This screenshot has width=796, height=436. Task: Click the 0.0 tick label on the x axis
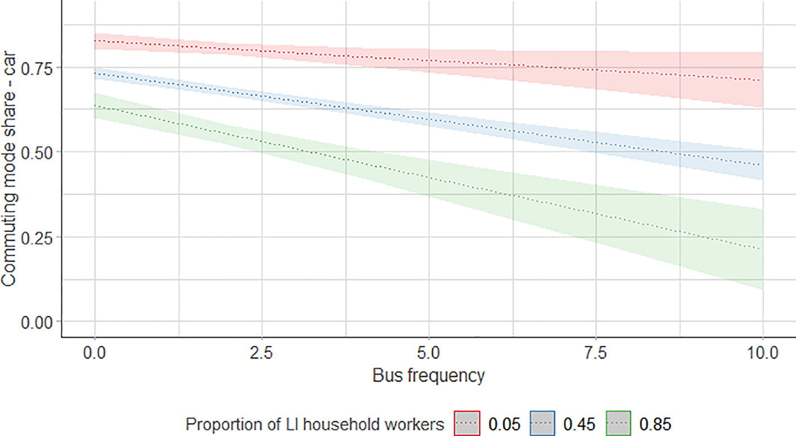(x=94, y=353)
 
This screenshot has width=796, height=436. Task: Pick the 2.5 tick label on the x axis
(x=261, y=353)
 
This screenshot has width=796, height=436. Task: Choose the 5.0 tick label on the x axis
(x=429, y=353)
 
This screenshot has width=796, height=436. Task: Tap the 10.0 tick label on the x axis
(x=762, y=353)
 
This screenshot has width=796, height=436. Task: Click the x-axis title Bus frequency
(x=428, y=375)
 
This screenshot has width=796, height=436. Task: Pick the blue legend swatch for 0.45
(x=543, y=423)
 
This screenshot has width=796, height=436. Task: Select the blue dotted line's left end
(x=95, y=73)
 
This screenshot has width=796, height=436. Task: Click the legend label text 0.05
(x=504, y=423)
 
